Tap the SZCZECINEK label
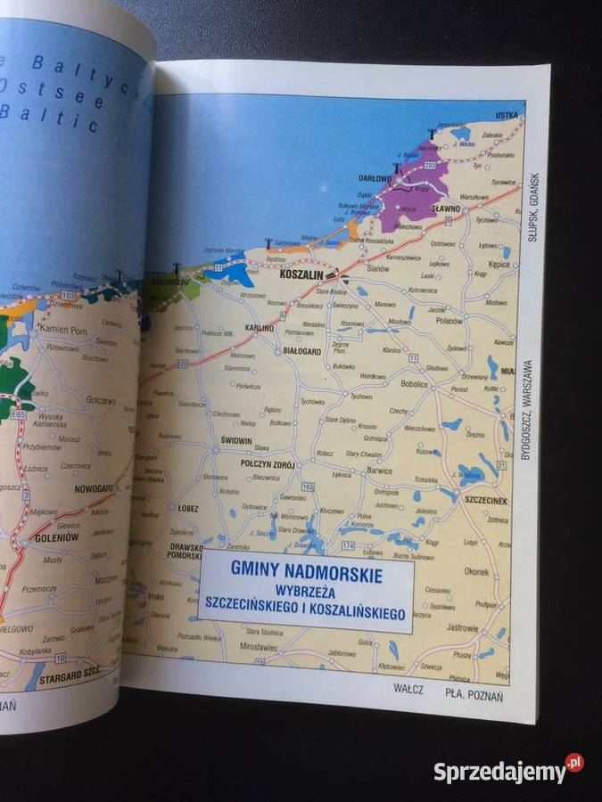point(483,502)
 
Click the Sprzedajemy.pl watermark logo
point(508,771)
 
